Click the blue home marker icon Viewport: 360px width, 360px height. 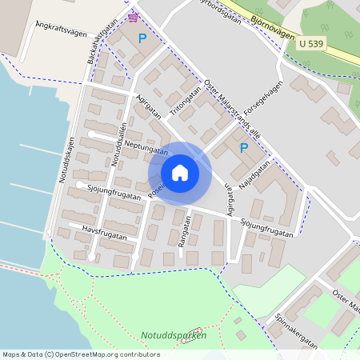point(180,173)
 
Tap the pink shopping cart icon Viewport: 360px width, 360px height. point(132,16)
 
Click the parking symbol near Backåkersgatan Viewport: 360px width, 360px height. point(142,38)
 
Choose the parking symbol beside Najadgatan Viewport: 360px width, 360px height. point(244,147)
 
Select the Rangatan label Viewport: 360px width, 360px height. point(183,231)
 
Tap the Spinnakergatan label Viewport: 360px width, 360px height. point(297,329)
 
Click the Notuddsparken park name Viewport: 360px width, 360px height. point(174,335)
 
